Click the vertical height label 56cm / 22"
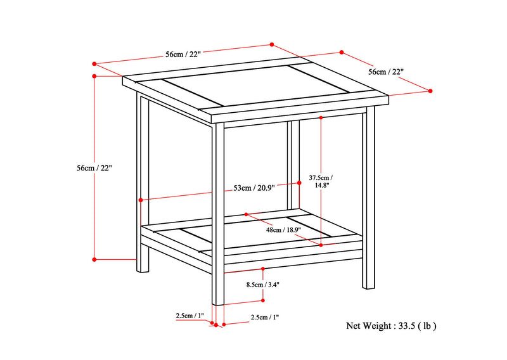(x=94, y=168)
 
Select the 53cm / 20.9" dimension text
(x=254, y=188)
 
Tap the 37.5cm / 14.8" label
(x=321, y=181)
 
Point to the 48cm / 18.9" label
(x=283, y=229)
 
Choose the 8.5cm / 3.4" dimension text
(x=262, y=285)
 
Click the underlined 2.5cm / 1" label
(x=190, y=316)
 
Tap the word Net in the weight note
(x=353, y=326)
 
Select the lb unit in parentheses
(x=427, y=326)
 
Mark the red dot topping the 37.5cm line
(x=321, y=118)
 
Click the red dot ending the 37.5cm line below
(x=321, y=245)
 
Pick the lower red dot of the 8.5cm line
(x=262, y=300)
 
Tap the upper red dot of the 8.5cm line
(x=263, y=269)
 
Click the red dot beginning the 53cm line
(x=141, y=200)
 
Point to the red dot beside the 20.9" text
(x=299, y=183)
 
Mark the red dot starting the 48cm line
(x=246, y=214)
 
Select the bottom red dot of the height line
(x=94, y=259)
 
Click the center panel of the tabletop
(x=256, y=86)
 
